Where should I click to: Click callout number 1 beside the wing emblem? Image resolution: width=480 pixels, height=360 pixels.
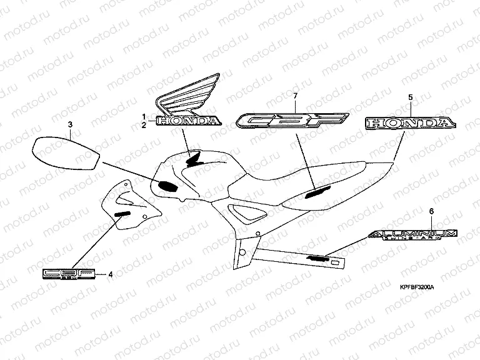point(144,117)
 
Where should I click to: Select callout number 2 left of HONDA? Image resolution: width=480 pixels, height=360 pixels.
point(144,125)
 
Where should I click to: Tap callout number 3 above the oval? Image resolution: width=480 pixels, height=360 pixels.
point(71,126)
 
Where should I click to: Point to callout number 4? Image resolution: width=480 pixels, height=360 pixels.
point(111,274)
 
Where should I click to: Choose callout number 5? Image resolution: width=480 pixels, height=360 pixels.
point(410,97)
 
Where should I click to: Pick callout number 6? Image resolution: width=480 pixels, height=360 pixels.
point(431,212)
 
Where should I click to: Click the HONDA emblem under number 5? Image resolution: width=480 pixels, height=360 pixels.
point(409,122)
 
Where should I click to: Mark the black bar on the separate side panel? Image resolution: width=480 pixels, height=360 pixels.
point(122,214)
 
